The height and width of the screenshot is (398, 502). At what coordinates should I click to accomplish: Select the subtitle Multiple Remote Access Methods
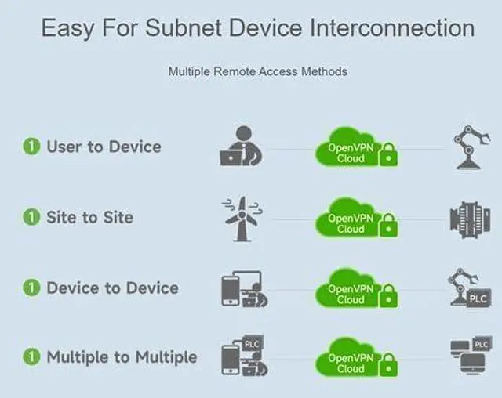[257, 71]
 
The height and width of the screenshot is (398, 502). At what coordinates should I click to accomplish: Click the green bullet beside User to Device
[31, 147]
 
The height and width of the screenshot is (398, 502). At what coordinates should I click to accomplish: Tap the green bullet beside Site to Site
[31, 217]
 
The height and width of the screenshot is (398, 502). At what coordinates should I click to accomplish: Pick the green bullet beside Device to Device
[31, 288]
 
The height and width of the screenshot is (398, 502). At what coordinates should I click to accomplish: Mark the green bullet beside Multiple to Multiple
[31, 357]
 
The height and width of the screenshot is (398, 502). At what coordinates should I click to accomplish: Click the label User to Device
[104, 147]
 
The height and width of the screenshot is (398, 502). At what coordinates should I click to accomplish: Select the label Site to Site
[89, 217]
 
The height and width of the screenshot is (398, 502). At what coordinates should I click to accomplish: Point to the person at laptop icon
[239, 147]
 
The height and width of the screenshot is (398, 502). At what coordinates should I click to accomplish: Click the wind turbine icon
[241, 217]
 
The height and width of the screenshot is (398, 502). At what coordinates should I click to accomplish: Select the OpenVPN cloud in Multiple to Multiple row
[349, 361]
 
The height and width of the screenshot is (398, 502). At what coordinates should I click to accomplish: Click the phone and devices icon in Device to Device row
[241, 288]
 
